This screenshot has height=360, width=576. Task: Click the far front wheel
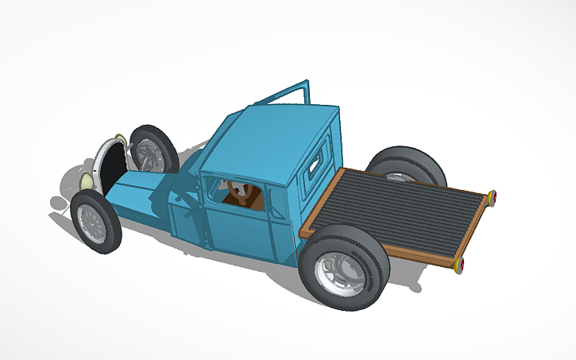[x=153, y=149]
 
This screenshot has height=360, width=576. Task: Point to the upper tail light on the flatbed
[x=493, y=197]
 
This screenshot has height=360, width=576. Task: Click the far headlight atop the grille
[x=119, y=137]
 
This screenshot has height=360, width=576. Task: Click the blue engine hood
[x=135, y=195]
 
